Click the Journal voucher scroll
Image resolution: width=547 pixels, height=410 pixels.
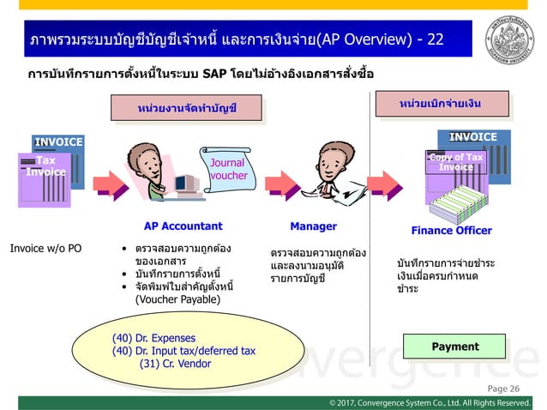(227, 168)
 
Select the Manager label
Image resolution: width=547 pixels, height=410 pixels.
(314, 226)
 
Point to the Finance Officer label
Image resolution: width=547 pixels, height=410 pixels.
(452, 230)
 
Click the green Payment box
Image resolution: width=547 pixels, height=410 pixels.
(455, 347)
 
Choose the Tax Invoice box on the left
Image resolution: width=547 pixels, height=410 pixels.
(40, 166)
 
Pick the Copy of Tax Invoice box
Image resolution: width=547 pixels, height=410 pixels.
(456, 162)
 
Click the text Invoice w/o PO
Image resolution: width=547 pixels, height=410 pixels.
(45, 249)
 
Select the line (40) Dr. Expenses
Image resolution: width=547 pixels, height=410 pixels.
(154, 337)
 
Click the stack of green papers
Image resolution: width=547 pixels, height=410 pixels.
(453, 199)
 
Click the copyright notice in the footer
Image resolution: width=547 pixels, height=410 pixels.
(430, 402)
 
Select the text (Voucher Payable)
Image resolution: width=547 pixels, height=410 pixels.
(177, 300)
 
